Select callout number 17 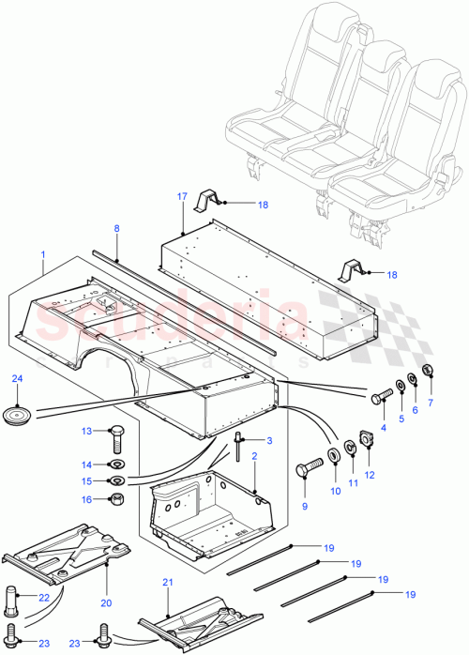point(182,196)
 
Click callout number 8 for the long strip point(116,228)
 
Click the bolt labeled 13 point(116,437)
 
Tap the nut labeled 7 point(428,371)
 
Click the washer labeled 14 point(117,465)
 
